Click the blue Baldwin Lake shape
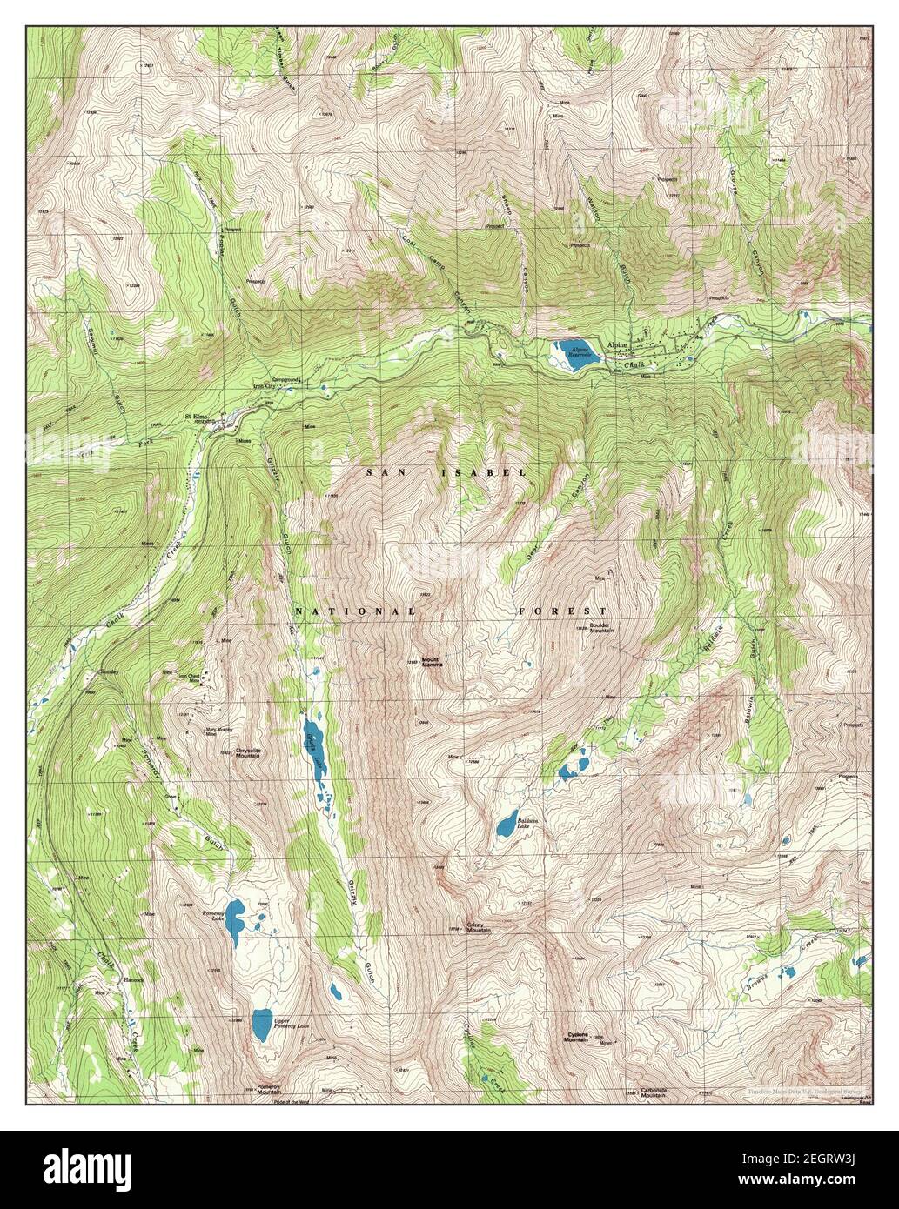[x=505, y=824]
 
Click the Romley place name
[x=109, y=671]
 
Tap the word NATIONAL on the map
[x=355, y=611]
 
